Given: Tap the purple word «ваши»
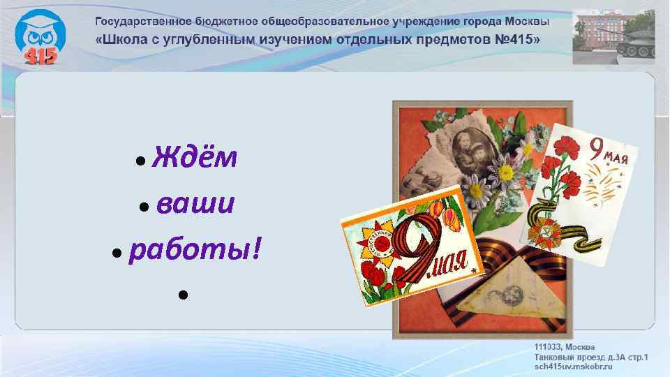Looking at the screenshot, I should click(195, 205).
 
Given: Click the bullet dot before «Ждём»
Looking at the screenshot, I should click(141, 161).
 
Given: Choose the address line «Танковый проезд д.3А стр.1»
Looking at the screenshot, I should click(590, 357).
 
